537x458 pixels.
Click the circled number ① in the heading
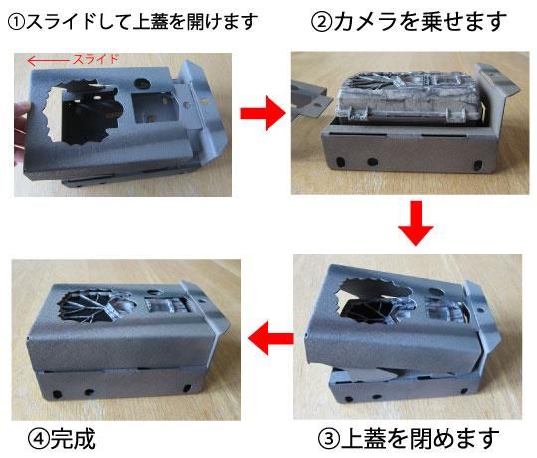pos(16,23)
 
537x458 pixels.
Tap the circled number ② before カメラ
pos(322,22)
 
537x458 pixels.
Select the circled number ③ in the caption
pos(329,439)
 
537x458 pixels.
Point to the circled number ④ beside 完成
pos(39,439)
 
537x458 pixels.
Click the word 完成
pos(73,439)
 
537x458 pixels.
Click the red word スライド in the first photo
pos(95,59)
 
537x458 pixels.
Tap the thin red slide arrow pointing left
pos(48,61)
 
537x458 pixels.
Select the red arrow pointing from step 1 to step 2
pos(263,113)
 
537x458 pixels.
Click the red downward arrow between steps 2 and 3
pos(416,223)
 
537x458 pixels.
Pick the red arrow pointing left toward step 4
pos(270,338)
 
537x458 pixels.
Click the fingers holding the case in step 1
pos(20,134)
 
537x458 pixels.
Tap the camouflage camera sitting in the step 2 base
pos(410,99)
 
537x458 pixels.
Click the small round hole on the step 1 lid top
pos(141,82)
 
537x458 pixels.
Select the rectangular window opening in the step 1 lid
pos(155,107)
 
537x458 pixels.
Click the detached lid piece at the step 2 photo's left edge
pos(310,99)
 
